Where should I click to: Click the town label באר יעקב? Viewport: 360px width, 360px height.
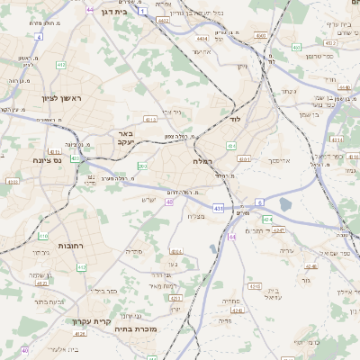(124, 137)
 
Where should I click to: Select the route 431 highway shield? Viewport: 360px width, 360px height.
(219, 208)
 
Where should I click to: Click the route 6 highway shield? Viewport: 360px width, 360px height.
(259, 202)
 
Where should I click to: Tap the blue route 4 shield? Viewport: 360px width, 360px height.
(39, 37)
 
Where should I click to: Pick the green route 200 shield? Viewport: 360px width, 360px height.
(142, 166)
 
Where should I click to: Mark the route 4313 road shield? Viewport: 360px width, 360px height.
(150, 119)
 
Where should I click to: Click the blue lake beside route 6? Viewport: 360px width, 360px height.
(286, 204)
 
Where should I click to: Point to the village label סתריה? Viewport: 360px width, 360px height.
(137, 251)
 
